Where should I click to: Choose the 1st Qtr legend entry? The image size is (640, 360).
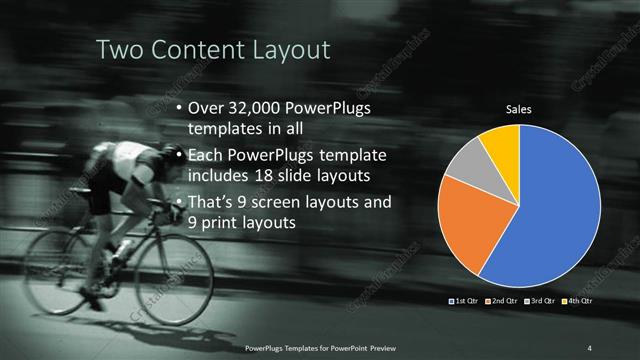466,300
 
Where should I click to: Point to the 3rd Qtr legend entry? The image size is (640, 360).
539,300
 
